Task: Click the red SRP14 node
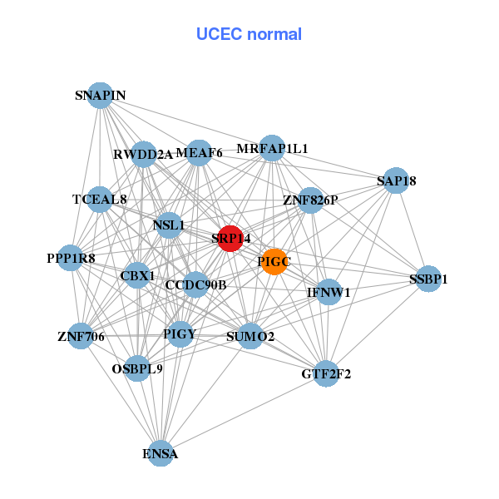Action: coord(230,238)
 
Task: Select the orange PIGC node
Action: coord(274,262)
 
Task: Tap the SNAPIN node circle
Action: coord(100,95)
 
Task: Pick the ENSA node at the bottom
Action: coord(160,453)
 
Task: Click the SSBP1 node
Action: coord(427,279)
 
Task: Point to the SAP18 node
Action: coord(396,180)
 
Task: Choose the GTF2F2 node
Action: coord(326,373)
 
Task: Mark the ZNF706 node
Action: coord(81,336)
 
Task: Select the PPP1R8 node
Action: coord(72,258)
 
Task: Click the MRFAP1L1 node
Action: coord(272,149)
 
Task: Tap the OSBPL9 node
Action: coord(137,368)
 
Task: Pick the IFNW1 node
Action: coord(329,292)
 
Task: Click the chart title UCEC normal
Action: coord(249,34)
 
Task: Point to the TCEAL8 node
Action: coord(100,200)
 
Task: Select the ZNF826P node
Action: coord(310,200)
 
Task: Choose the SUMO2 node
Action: coord(250,336)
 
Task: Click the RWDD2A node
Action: coord(143,154)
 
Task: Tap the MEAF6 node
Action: coord(199,152)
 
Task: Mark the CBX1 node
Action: coord(137,274)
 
